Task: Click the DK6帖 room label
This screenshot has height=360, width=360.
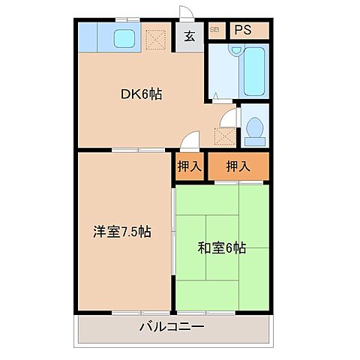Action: pyautogui.click(x=142, y=94)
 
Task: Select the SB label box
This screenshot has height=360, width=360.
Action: pyautogui.click(x=214, y=30)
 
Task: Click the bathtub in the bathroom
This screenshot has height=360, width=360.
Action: pyautogui.click(x=254, y=70)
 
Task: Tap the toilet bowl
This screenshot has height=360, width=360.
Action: pyautogui.click(x=253, y=130)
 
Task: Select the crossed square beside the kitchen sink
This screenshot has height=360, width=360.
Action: pyautogui.click(x=155, y=39)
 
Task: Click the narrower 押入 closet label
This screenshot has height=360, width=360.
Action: pyautogui.click(x=190, y=167)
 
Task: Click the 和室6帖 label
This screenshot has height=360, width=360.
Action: pyautogui.click(x=223, y=247)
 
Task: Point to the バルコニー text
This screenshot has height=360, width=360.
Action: pyautogui.click(x=171, y=327)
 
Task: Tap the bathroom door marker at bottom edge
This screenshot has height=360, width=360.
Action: pyautogui.click(x=215, y=96)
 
